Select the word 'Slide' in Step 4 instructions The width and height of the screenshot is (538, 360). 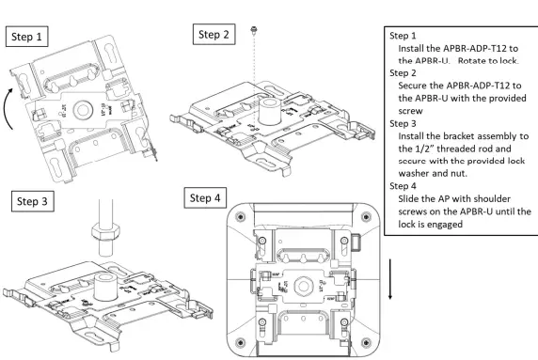coord(411,197)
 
